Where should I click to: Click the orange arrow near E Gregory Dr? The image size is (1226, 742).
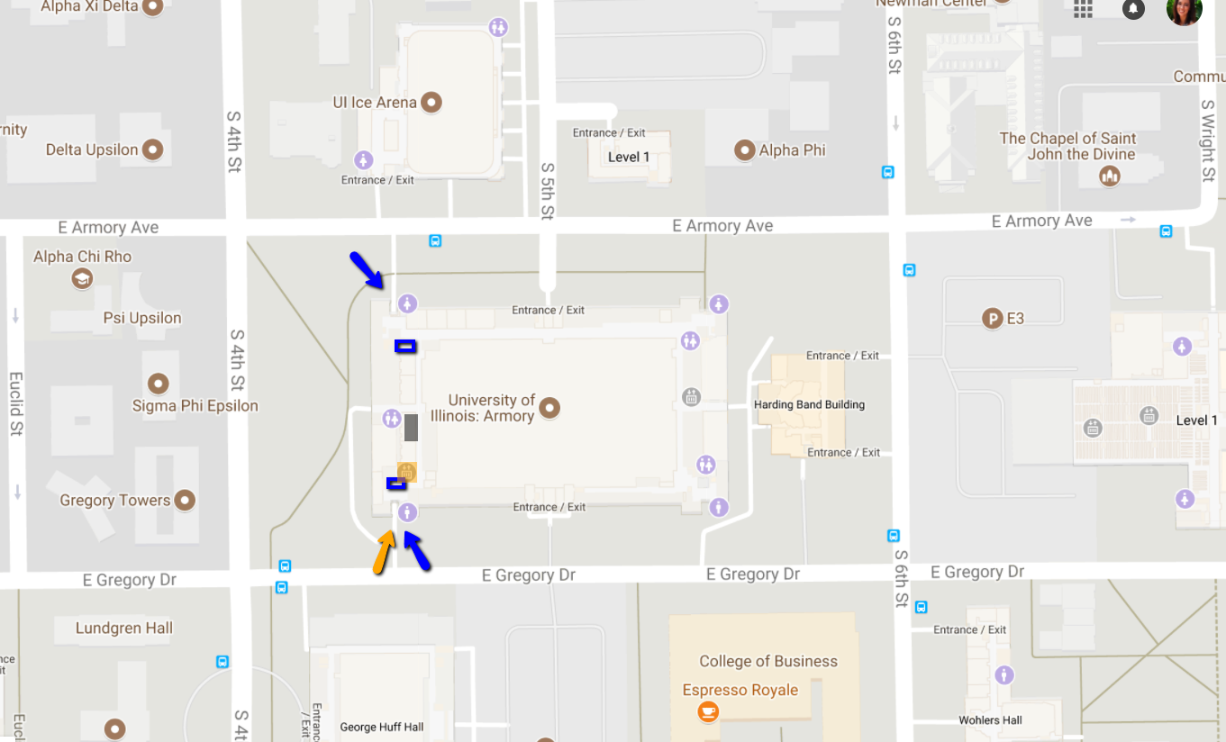click(x=384, y=551)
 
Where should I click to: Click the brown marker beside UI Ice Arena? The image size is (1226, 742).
click(x=431, y=103)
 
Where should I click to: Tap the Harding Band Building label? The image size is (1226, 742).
click(x=809, y=405)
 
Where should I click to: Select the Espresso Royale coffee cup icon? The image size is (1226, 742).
click(x=708, y=711)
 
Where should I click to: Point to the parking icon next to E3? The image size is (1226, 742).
click(x=993, y=318)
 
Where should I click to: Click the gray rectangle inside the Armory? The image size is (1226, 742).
click(x=411, y=427)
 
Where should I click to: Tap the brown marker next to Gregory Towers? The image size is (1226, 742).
click(x=185, y=500)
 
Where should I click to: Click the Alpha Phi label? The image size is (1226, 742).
click(x=792, y=150)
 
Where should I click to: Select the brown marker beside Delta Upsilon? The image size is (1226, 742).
click(x=153, y=149)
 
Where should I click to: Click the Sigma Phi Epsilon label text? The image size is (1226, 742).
click(x=195, y=406)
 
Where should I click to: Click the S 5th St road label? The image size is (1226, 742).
click(x=547, y=191)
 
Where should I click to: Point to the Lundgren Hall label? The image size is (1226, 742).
click(x=124, y=629)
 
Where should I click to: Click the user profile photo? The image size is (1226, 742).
click(x=1184, y=9)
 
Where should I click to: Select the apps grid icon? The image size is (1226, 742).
click(x=1083, y=9)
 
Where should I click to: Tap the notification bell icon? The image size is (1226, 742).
click(x=1133, y=9)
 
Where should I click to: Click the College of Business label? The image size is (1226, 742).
click(x=768, y=662)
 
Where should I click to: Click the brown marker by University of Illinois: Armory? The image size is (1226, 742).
click(x=549, y=408)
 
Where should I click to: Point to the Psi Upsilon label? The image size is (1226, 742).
click(x=142, y=318)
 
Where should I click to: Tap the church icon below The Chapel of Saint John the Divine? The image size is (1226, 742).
click(x=1110, y=176)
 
